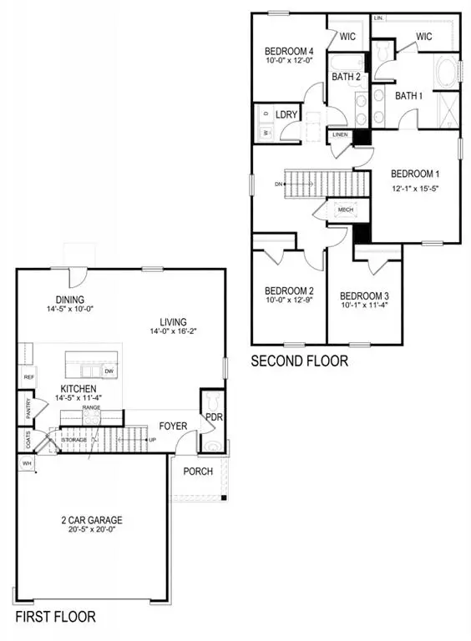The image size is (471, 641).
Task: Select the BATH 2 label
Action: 346,77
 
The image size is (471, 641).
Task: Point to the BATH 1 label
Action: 410,96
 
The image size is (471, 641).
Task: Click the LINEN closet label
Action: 340,135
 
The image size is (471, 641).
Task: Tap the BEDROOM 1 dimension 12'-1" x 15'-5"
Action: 415,188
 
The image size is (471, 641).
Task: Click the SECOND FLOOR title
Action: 300,361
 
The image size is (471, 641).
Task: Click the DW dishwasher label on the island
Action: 109,371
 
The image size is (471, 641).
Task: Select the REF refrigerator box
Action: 28,378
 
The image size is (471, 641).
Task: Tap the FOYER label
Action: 173,426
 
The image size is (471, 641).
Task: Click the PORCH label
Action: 199,472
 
